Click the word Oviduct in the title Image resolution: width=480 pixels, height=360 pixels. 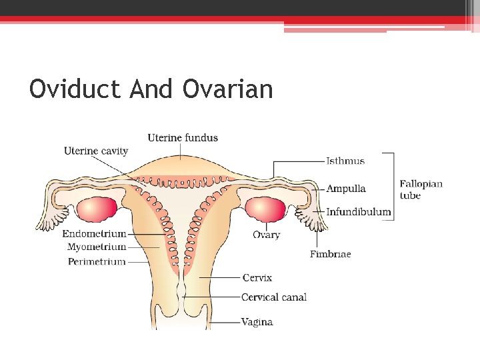point(76,89)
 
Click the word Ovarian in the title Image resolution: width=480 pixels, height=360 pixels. point(227,89)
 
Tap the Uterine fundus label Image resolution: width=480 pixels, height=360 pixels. point(183,138)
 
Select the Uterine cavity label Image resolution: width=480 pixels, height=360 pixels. point(96,151)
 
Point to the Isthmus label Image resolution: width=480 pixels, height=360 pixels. point(345,161)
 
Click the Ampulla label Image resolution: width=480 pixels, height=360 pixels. point(346,189)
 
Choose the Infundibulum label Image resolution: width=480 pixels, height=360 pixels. point(359,212)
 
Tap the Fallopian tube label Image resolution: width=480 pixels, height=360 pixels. point(421,184)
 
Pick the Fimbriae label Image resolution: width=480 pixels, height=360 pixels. point(330,254)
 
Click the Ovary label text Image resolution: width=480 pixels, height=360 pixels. point(266,235)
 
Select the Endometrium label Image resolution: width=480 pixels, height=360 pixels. point(94,234)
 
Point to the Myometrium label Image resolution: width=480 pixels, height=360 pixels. point(97,247)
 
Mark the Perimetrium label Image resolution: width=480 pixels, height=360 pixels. point(97,261)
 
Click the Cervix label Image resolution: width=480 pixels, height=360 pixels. point(257,277)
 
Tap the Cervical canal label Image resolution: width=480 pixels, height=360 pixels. point(274,297)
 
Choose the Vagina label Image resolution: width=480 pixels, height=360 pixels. point(257,322)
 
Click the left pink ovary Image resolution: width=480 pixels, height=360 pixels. point(97,210)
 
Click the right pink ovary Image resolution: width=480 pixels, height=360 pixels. point(264,209)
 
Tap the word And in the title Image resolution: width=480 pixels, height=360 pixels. point(151,89)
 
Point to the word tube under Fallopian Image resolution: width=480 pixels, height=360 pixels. point(410,195)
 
